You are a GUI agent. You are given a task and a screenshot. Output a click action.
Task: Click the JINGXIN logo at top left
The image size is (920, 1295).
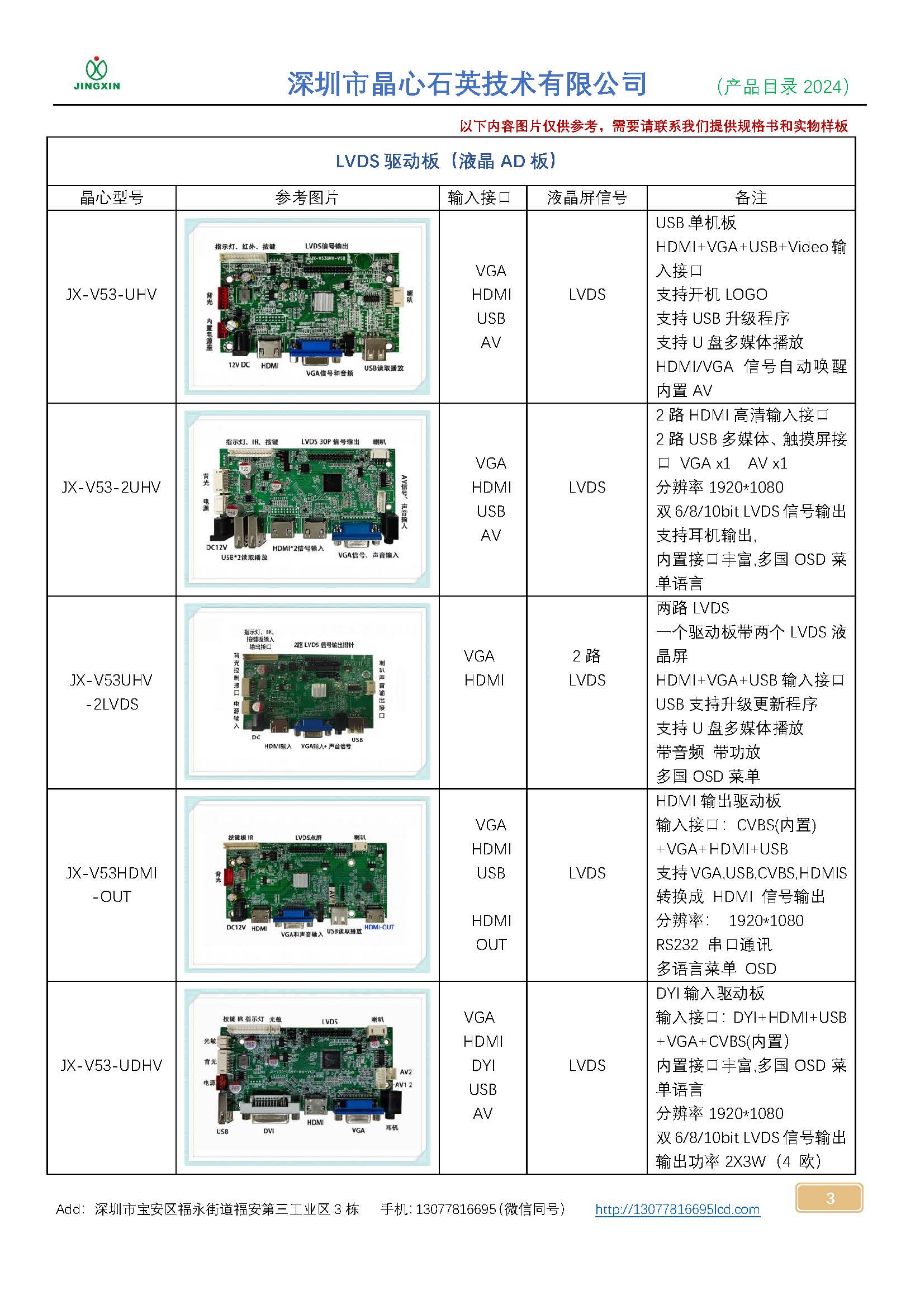tap(97, 74)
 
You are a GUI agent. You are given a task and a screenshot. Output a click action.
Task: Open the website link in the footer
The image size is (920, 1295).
tap(677, 1209)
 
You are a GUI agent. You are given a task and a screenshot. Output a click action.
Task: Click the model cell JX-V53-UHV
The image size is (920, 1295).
tap(112, 294)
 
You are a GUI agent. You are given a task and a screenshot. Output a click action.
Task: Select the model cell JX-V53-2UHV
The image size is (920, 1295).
tap(112, 487)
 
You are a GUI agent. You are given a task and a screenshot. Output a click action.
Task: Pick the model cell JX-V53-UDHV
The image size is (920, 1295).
tap(112, 1065)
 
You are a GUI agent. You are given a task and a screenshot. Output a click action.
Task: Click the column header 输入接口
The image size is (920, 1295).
tap(479, 198)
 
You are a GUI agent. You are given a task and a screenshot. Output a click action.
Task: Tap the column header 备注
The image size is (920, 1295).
tap(751, 198)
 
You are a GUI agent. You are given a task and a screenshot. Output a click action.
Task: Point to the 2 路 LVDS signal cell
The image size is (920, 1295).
tap(587, 668)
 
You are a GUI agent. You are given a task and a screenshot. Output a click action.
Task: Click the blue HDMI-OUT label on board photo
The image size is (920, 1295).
tap(379, 928)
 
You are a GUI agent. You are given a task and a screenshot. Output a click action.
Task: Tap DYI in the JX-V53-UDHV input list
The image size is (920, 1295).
tap(483, 1066)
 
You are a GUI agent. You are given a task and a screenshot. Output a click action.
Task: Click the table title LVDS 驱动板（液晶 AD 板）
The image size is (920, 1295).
tap(448, 162)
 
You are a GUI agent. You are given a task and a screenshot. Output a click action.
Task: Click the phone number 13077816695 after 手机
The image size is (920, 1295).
tap(456, 1209)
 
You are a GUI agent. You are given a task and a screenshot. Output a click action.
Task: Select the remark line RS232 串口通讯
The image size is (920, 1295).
tap(714, 945)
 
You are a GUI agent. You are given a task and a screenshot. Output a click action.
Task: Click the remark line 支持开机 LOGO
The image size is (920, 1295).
tap(712, 295)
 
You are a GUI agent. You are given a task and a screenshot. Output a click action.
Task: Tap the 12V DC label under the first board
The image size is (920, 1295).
tap(239, 365)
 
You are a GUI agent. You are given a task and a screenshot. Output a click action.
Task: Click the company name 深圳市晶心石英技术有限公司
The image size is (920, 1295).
tap(467, 84)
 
